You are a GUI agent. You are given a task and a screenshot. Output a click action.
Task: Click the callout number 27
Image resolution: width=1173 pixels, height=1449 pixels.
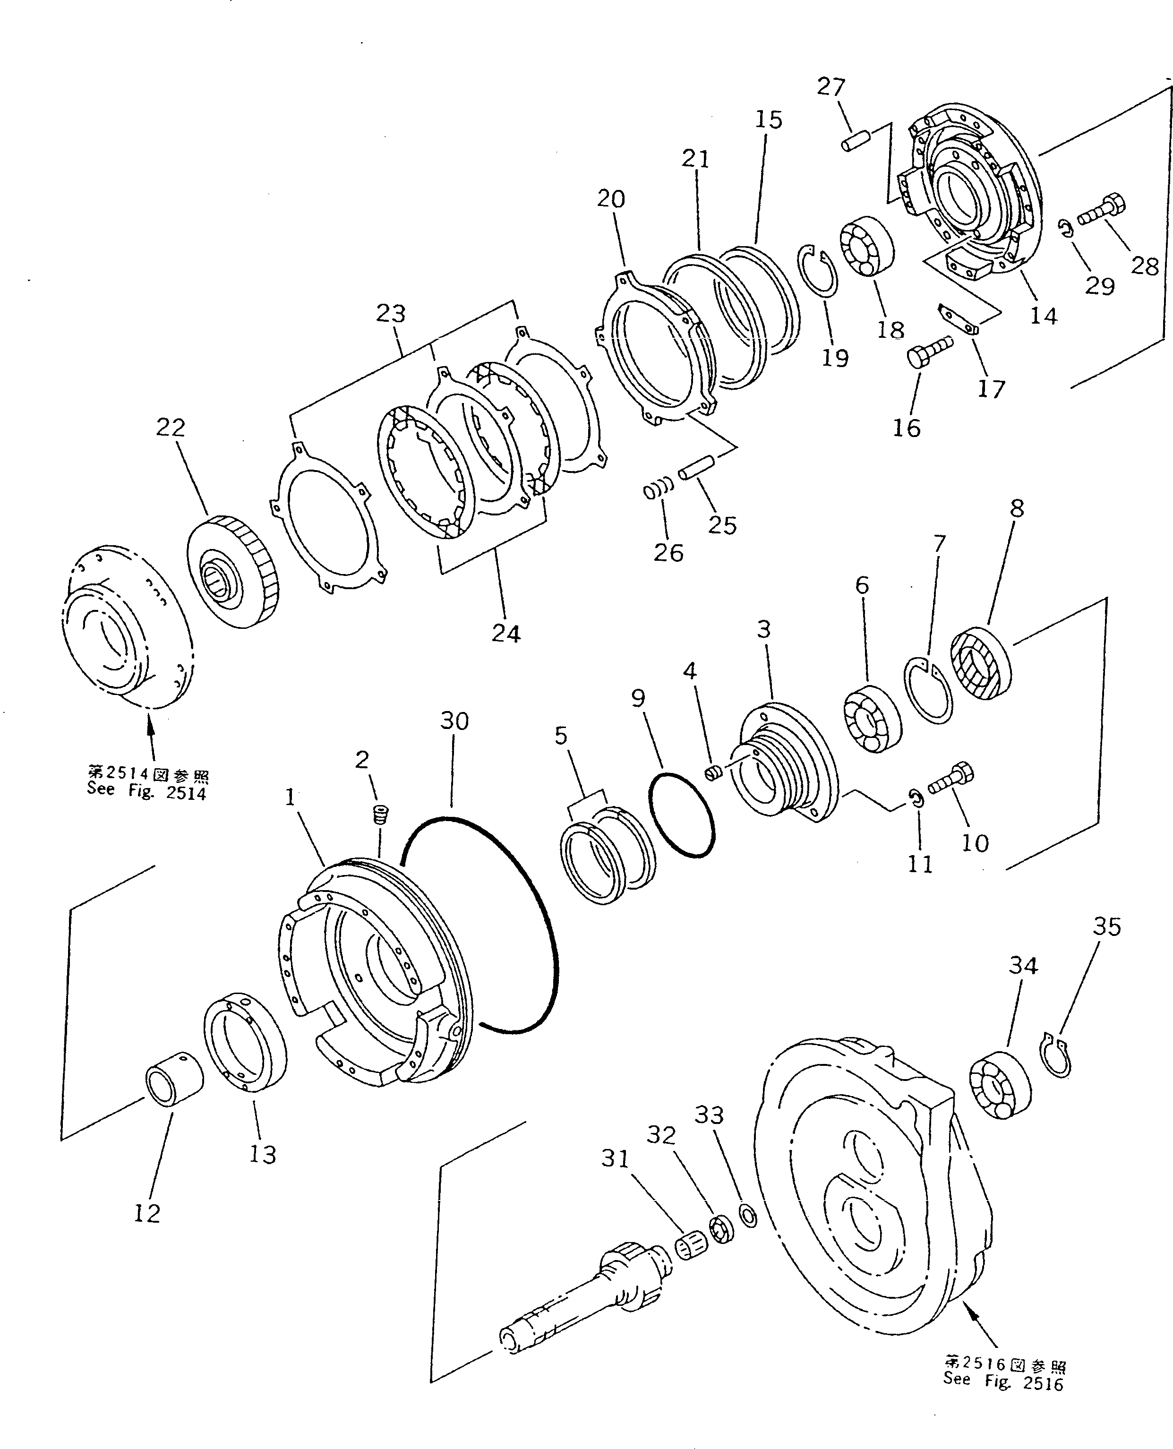coord(831,87)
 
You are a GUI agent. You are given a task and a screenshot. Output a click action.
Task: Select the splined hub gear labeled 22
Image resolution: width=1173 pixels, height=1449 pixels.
coord(232,570)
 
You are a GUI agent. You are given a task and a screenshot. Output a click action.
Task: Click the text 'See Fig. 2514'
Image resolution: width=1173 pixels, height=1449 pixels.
coord(146,791)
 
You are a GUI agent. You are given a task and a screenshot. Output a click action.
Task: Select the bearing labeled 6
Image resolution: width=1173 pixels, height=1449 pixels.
coord(872,719)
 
